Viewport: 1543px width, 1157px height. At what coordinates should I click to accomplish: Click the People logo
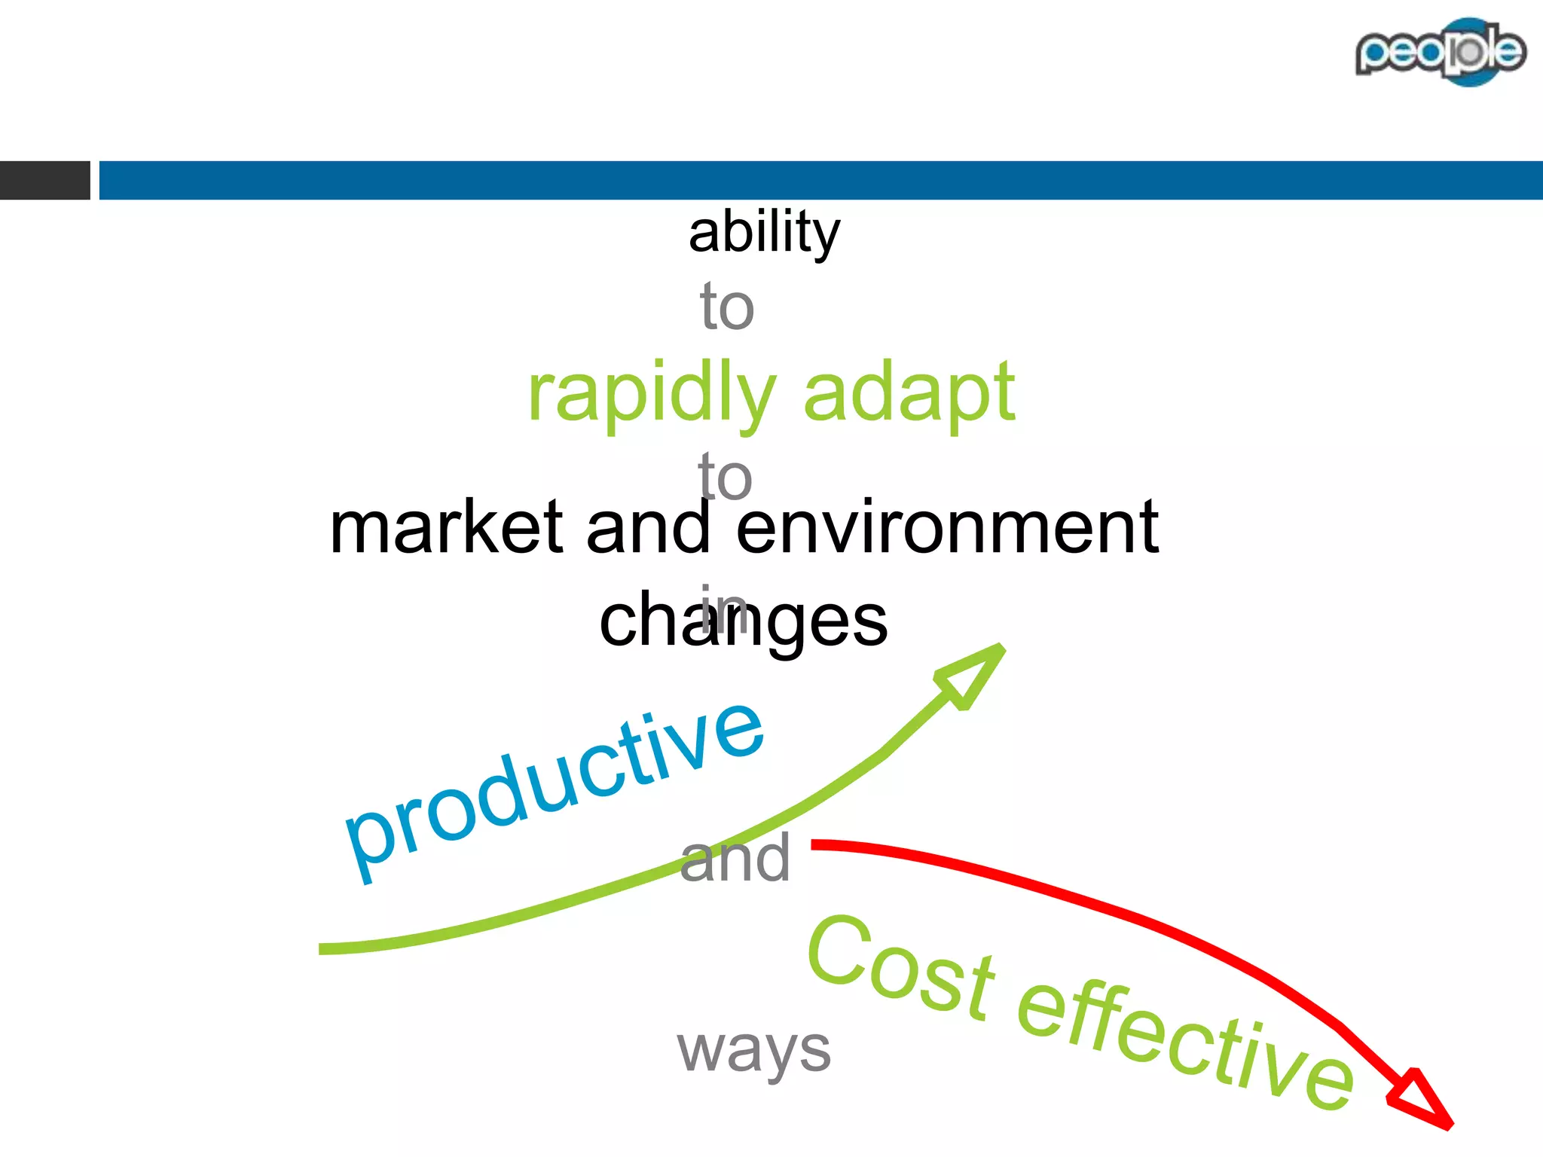pos(1440,52)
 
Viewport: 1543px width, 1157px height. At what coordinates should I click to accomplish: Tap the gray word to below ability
pos(726,307)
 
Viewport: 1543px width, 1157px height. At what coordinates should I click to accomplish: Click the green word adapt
pos(909,393)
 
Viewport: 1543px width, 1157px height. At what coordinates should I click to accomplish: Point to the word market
pos(446,528)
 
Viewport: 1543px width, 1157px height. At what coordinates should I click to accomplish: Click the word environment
pos(946,528)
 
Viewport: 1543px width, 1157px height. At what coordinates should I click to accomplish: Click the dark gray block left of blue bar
pos(44,180)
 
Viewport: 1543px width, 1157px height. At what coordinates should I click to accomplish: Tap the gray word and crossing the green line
pos(735,859)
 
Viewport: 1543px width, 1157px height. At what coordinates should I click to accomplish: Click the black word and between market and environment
pos(648,528)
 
